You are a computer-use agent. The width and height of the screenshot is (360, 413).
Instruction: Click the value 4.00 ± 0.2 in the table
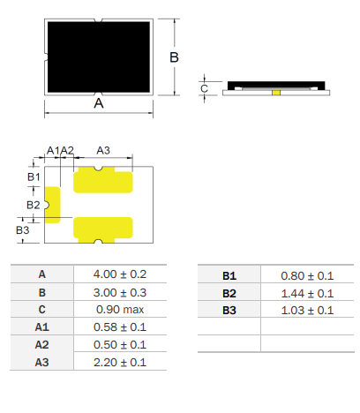120,274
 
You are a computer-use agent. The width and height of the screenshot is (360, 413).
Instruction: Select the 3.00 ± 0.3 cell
120,293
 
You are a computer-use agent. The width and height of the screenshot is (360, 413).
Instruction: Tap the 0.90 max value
120,310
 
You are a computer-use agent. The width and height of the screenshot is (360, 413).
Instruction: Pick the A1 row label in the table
41,327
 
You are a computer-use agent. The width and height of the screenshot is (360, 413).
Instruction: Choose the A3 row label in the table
41,363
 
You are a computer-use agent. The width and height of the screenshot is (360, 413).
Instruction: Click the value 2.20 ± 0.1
120,363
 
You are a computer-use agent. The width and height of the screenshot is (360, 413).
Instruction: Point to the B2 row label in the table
229,294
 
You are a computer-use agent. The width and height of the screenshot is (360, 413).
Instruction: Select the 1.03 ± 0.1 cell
307,311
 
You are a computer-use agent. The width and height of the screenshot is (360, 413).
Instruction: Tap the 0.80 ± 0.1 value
307,276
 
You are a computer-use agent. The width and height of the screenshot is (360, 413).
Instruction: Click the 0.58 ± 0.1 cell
120,327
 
